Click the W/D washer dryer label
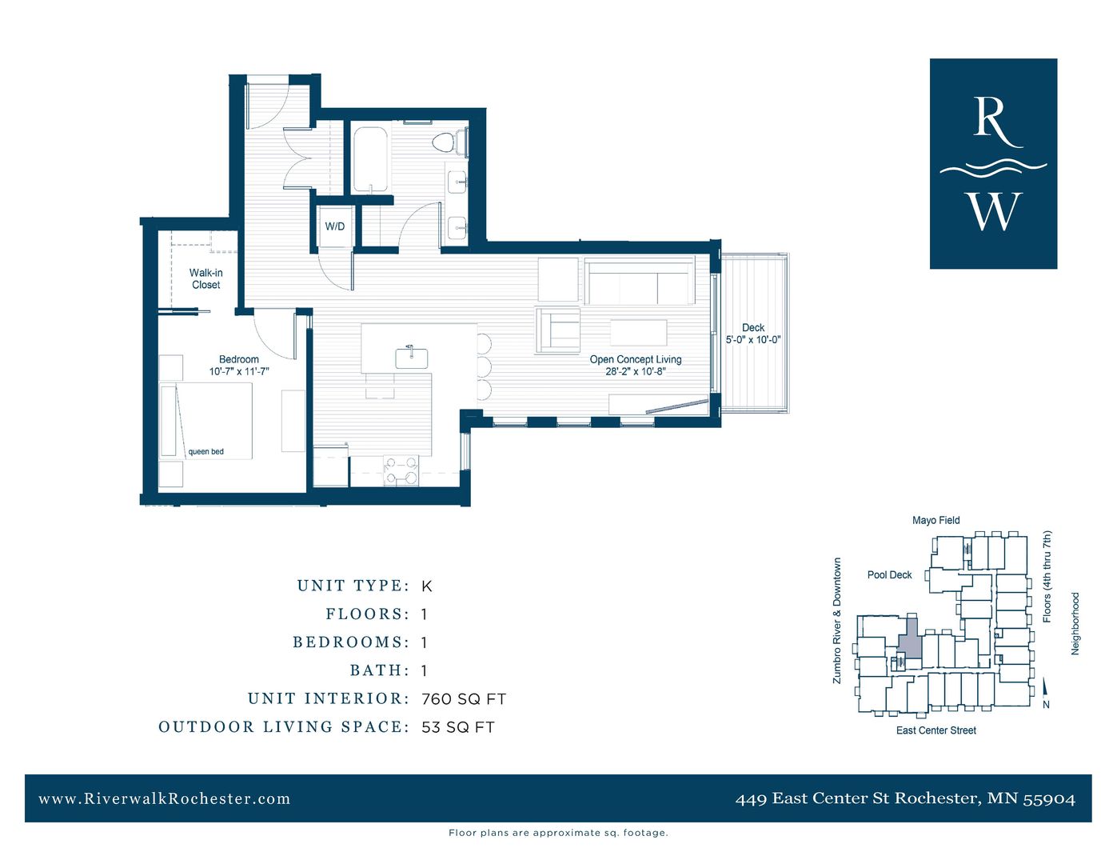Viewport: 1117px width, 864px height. point(334,226)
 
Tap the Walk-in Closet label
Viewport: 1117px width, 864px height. point(205,278)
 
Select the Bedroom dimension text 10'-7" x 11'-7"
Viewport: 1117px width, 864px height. point(239,371)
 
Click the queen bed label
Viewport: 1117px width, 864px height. point(205,452)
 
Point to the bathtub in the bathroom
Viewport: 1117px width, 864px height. point(370,159)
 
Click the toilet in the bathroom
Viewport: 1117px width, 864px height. point(443,143)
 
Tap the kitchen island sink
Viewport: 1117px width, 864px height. point(411,357)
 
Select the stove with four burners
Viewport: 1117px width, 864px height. point(401,470)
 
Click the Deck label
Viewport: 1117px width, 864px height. point(752,327)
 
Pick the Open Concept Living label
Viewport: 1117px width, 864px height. point(636,359)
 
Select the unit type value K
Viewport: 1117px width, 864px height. point(426,586)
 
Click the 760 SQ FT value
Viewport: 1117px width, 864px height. point(464,699)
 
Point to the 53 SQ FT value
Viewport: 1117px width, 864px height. point(457,727)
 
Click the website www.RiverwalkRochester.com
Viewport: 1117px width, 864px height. point(165,798)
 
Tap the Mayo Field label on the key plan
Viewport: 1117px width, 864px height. point(935,520)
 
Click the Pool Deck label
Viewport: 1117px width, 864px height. point(889,574)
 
